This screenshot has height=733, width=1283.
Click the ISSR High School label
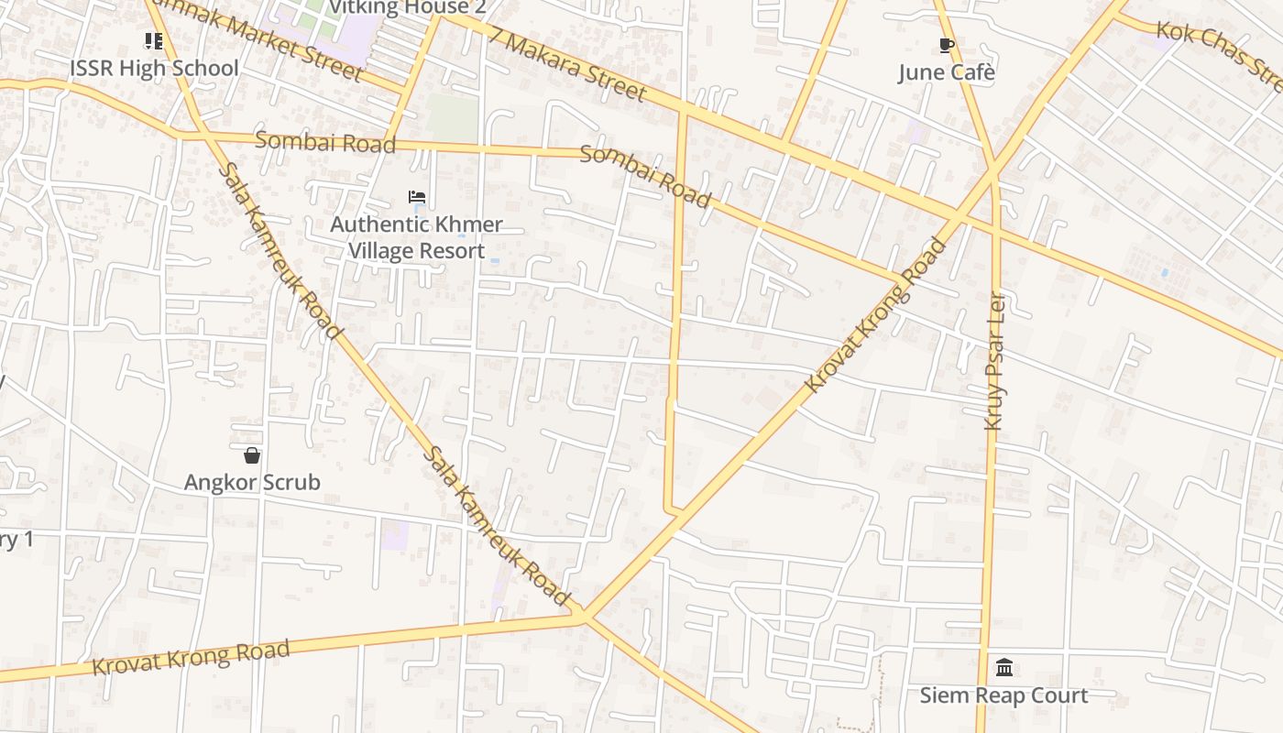click(154, 69)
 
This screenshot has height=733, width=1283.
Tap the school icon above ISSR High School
click(154, 40)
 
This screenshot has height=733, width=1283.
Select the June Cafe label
click(946, 72)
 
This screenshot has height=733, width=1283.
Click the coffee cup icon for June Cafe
click(947, 45)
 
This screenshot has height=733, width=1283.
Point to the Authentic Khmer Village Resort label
click(417, 237)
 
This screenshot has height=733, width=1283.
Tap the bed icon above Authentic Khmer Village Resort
click(417, 197)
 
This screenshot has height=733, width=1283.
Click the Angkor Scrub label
click(252, 482)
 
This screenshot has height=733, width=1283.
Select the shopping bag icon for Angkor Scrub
click(252, 455)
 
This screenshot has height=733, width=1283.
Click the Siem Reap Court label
click(1003, 695)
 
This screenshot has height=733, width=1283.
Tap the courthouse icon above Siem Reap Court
click(1004, 667)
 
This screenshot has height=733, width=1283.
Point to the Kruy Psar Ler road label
click(994, 361)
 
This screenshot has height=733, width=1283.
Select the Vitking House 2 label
click(407, 8)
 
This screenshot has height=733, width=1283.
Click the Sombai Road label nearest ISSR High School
click(324, 142)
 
